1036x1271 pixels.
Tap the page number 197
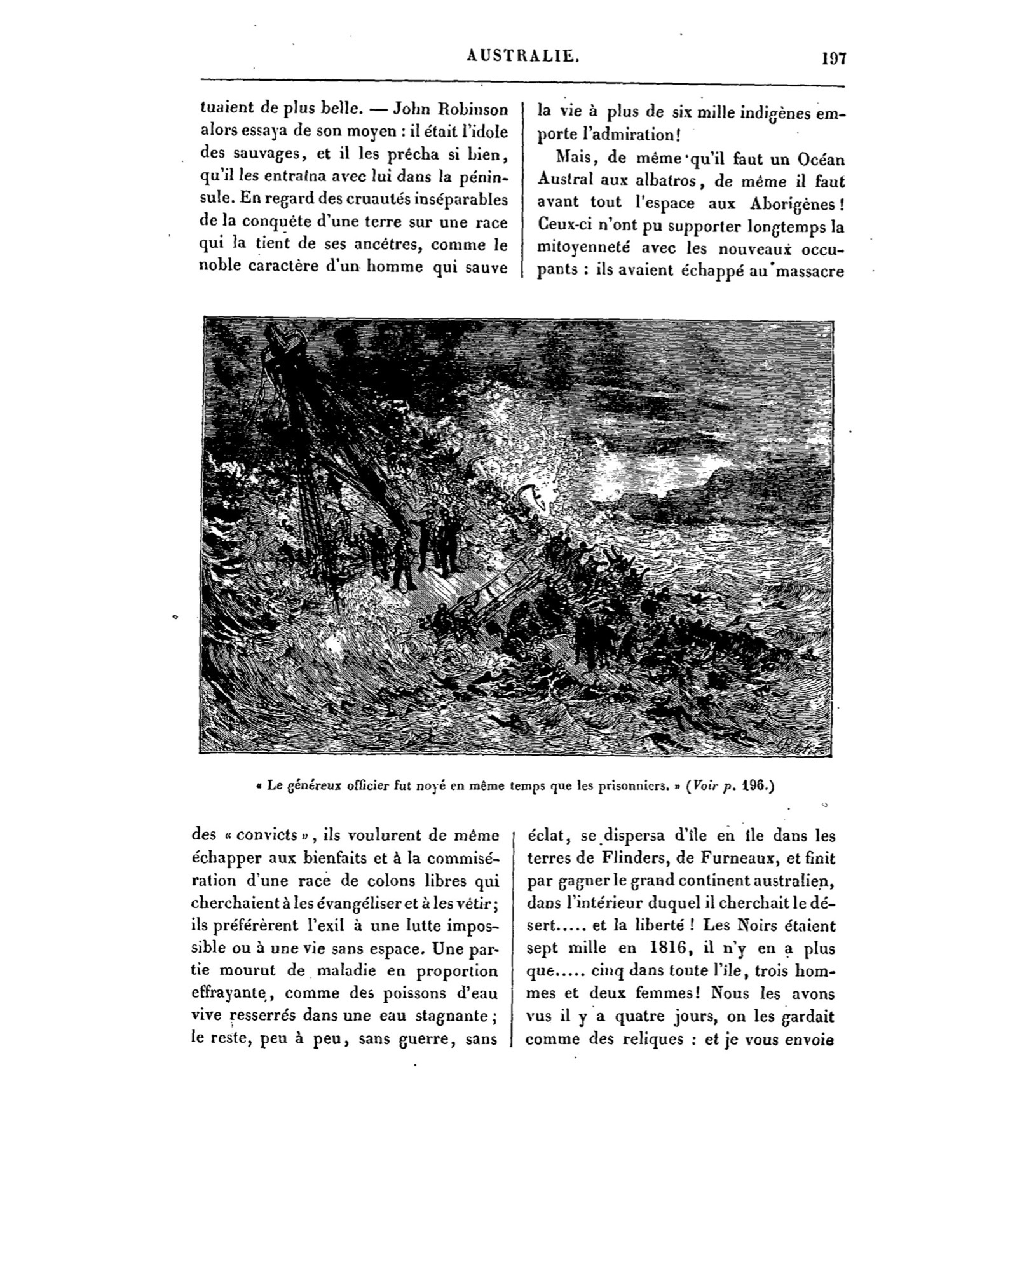tap(833, 59)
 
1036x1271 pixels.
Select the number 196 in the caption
tap(756, 785)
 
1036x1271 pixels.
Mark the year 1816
tap(659, 948)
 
